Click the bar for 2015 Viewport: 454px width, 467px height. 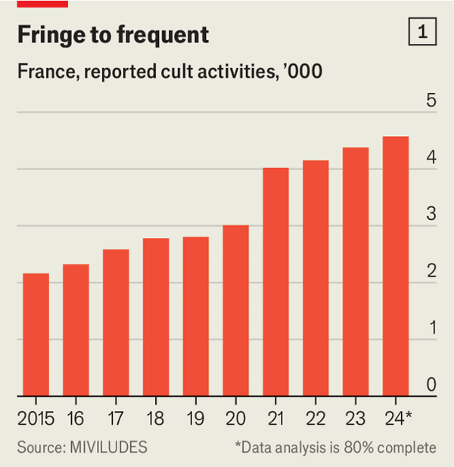pos(36,335)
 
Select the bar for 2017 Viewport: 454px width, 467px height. pos(116,323)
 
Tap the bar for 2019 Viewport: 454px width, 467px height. pos(195,317)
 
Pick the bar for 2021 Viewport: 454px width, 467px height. pos(275,282)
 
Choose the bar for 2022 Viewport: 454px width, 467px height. pos(316,278)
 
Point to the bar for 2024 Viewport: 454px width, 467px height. pos(395,266)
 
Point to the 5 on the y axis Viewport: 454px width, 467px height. pos(431,101)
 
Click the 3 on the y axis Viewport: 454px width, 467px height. pos(431,215)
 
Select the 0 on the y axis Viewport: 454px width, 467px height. pos(431,385)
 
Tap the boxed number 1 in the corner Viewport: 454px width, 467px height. pos(422,32)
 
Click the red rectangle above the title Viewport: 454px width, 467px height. pos(42,4)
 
